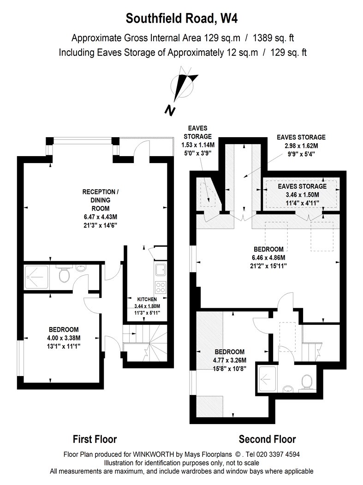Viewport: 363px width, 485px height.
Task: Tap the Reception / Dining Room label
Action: tap(101, 200)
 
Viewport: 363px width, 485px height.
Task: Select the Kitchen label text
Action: tap(147, 299)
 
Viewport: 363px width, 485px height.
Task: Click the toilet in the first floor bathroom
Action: tap(64, 274)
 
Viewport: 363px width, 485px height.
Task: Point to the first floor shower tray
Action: tap(36, 277)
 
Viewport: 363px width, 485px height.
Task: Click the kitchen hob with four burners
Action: tap(161, 287)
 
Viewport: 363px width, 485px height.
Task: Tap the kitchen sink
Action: tap(161, 269)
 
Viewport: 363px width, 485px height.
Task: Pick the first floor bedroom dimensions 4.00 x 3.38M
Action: tap(64, 338)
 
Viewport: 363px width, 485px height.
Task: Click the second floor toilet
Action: tap(307, 383)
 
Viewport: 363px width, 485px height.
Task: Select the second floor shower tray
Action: tap(267, 379)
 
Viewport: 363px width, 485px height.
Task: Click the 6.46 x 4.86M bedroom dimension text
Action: tap(268, 257)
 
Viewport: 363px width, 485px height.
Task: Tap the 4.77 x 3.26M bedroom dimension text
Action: tap(230, 360)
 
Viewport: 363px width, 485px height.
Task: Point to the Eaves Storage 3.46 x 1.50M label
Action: tap(302, 194)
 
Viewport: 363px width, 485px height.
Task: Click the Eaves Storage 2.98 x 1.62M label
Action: tap(301, 145)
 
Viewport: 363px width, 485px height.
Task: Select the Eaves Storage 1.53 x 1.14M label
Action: tap(198, 140)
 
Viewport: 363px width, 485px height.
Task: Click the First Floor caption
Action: tap(95, 439)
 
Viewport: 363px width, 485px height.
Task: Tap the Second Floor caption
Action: tap(267, 439)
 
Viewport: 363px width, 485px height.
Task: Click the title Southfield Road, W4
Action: tap(182, 18)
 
